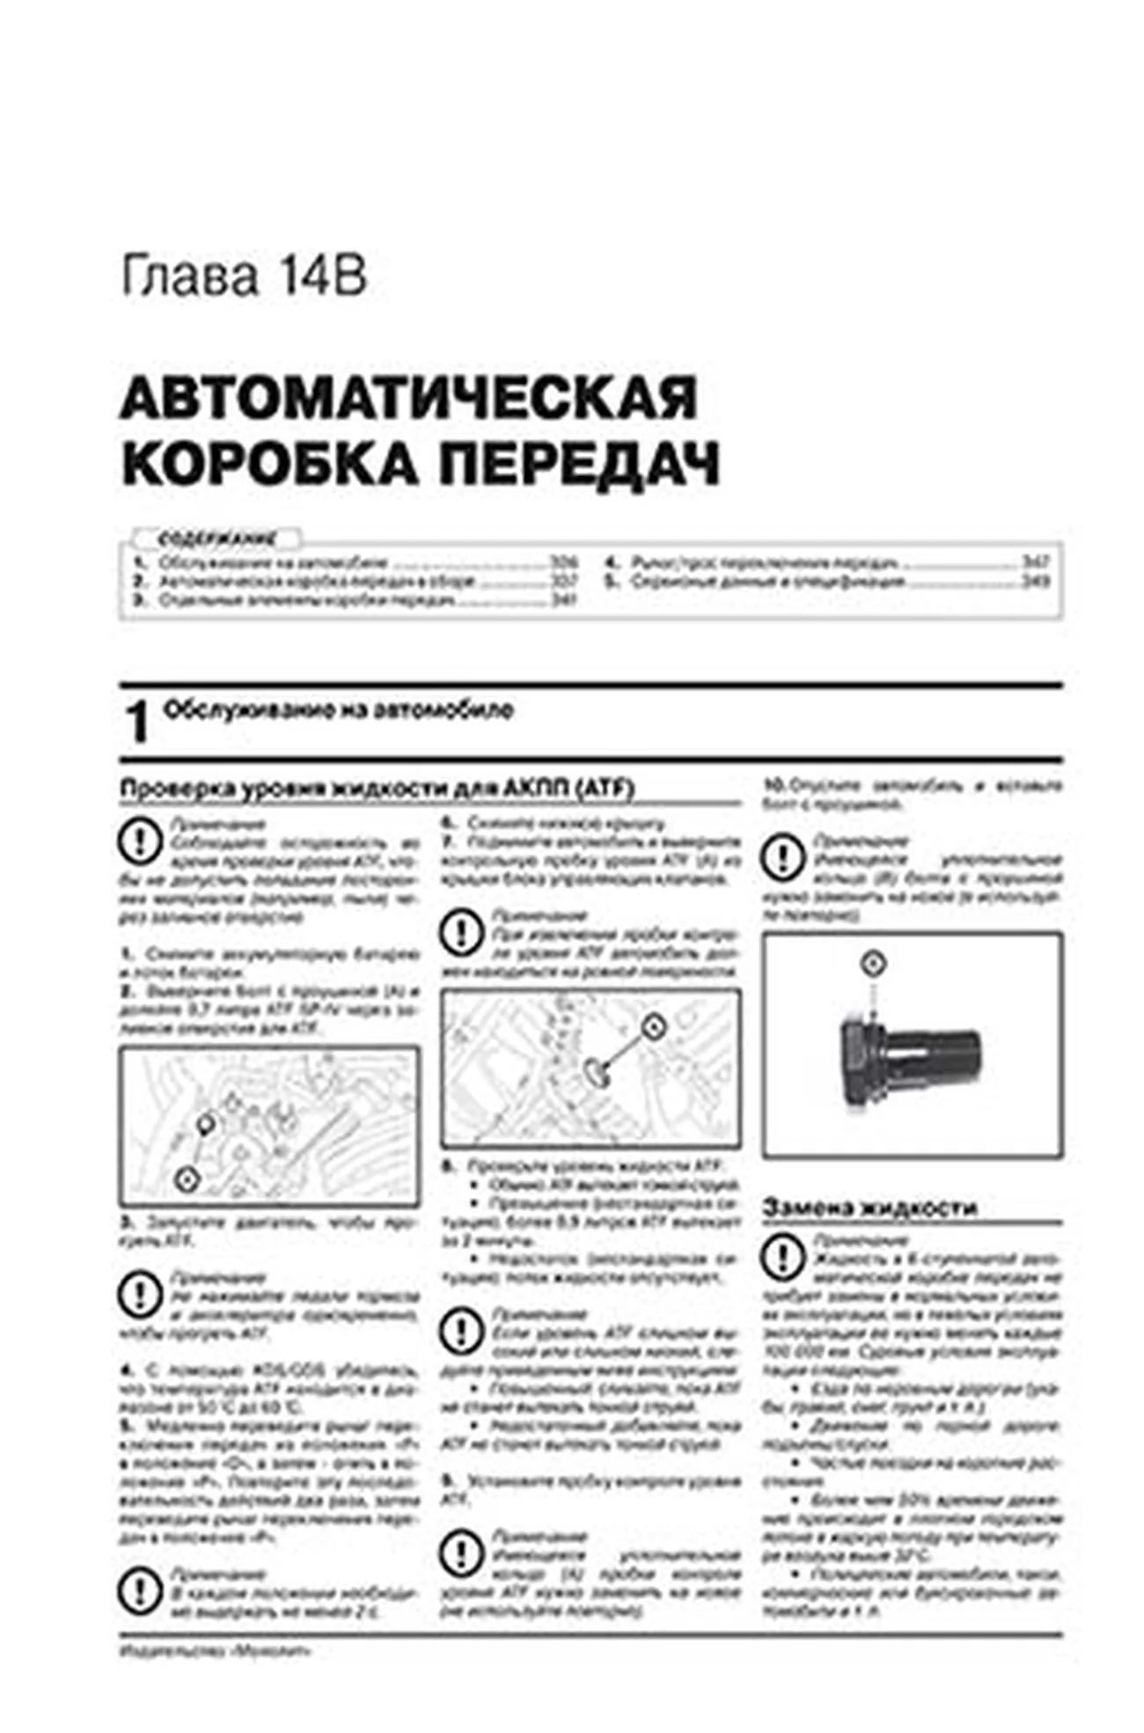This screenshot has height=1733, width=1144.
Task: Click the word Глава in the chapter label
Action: point(188,276)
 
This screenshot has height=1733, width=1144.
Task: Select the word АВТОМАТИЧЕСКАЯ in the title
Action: point(408,398)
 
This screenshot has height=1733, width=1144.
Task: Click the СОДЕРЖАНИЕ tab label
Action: point(216,539)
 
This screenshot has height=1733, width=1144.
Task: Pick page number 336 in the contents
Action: point(563,562)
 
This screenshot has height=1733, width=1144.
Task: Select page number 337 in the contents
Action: point(563,581)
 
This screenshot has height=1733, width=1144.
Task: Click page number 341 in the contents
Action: point(563,600)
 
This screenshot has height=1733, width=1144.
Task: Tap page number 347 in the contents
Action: point(1035,562)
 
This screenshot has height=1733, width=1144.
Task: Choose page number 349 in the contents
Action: point(1035,581)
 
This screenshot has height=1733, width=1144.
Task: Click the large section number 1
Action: point(137,723)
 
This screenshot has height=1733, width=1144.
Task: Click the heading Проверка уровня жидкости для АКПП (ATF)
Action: point(377,789)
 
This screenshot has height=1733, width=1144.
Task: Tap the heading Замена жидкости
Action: point(869,1208)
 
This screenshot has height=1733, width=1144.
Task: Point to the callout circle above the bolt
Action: point(872,963)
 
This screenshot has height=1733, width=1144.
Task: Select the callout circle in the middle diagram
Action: point(652,1026)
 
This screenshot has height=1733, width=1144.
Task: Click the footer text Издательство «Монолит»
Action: point(215,1651)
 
